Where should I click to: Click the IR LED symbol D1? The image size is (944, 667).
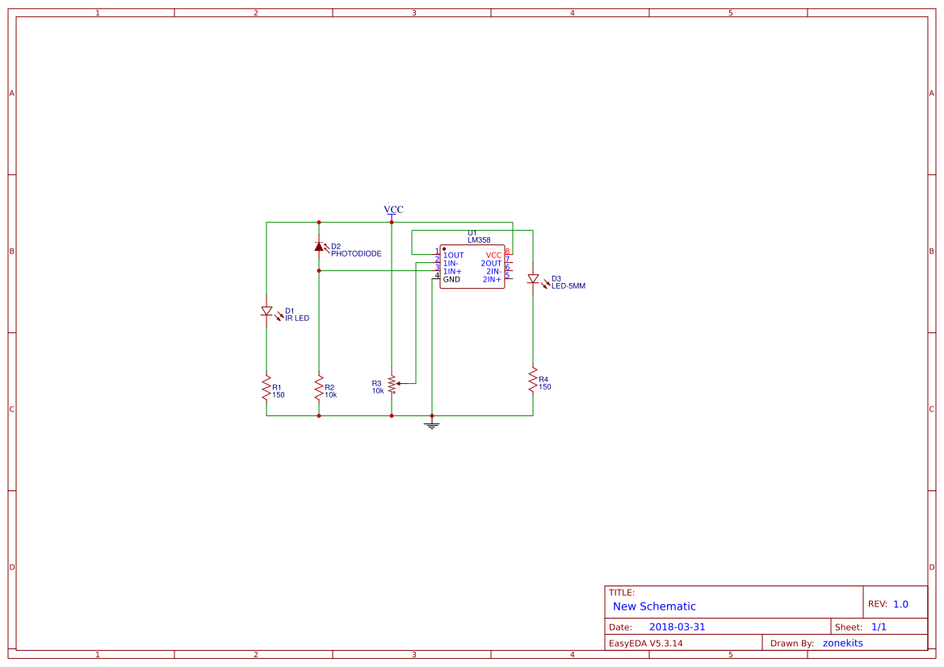(x=266, y=311)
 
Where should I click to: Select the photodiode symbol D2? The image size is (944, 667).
(x=319, y=247)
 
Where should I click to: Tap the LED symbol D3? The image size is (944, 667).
(x=533, y=279)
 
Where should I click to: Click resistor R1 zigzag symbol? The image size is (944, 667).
(x=266, y=388)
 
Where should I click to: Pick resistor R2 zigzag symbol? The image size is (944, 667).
(x=319, y=388)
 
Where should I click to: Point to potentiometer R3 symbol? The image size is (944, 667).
(x=392, y=384)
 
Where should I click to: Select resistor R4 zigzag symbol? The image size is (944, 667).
(x=533, y=380)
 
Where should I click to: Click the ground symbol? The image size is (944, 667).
(x=432, y=423)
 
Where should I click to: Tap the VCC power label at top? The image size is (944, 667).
(x=393, y=210)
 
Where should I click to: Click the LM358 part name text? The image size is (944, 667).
(x=479, y=240)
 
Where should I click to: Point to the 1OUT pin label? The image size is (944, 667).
(x=453, y=255)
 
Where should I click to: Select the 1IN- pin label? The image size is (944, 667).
(x=451, y=263)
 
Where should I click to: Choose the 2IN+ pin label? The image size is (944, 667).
(x=492, y=279)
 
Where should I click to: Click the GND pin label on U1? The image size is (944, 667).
(x=451, y=279)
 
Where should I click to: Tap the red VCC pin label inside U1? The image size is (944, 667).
(x=493, y=255)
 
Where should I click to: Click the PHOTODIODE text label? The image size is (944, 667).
(x=356, y=253)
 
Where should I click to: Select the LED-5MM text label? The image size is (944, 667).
(x=568, y=286)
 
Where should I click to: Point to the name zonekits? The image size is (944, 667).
(x=842, y=643)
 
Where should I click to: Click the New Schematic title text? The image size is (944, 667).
(x=654, y=607)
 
